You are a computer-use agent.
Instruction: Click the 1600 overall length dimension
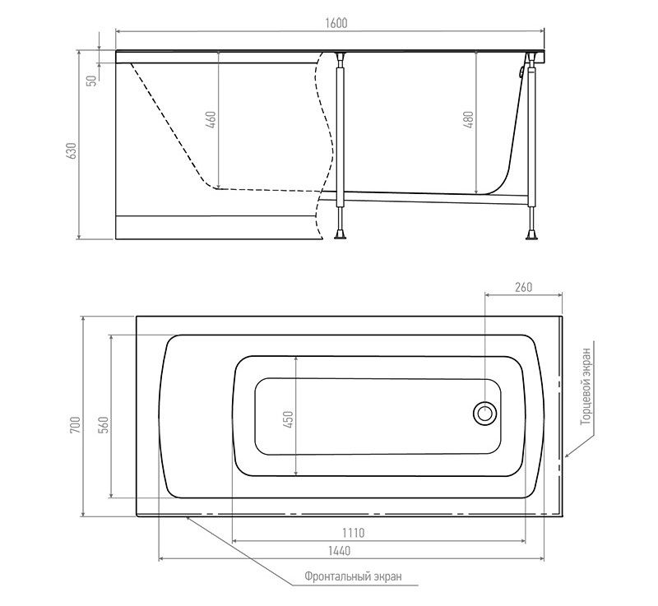click(x=336, y=23)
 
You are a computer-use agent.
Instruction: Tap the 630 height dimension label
click(x=72, y=151)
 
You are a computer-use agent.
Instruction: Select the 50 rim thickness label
click(x=91, y=80)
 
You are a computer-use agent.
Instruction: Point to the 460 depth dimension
click(x=211, y=119)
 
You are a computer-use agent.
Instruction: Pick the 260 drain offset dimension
click(x=523, y=287)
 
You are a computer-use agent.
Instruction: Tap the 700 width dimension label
click(x=75, y=425)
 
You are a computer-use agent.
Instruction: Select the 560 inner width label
click(x=104, y=425)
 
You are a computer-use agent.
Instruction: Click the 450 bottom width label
click(x=289, y=419)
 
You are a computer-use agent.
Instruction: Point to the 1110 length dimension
click(x=354, y=533)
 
